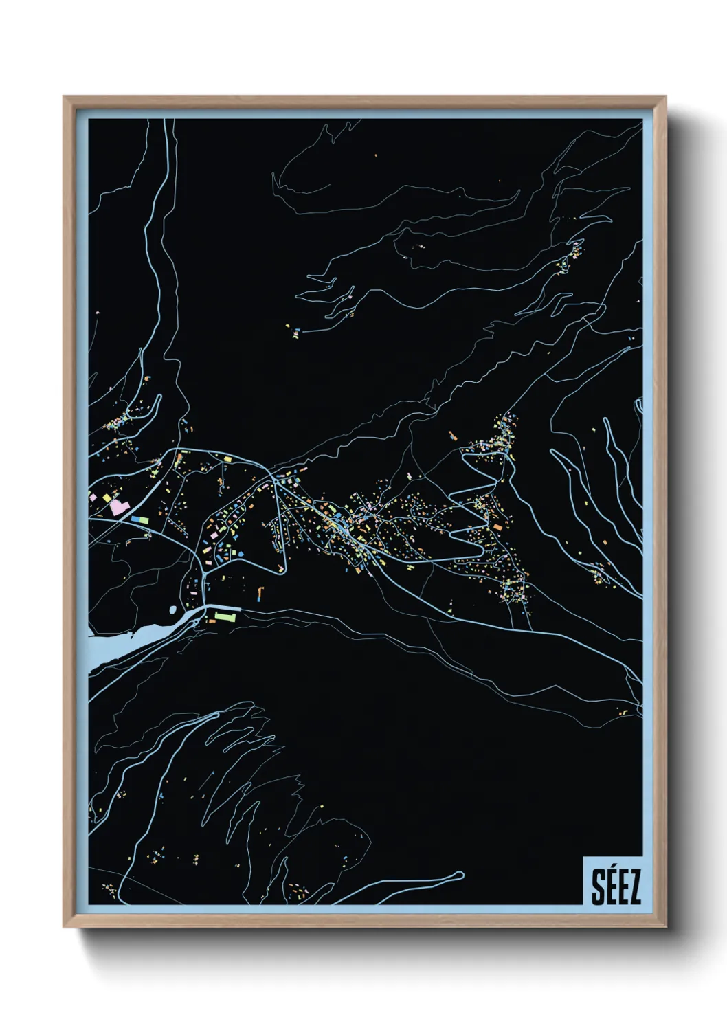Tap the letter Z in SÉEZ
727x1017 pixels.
634,888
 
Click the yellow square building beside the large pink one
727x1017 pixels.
107,496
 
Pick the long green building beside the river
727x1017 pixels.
225,616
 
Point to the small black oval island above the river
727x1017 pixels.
172,610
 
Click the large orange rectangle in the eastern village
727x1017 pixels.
453,436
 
